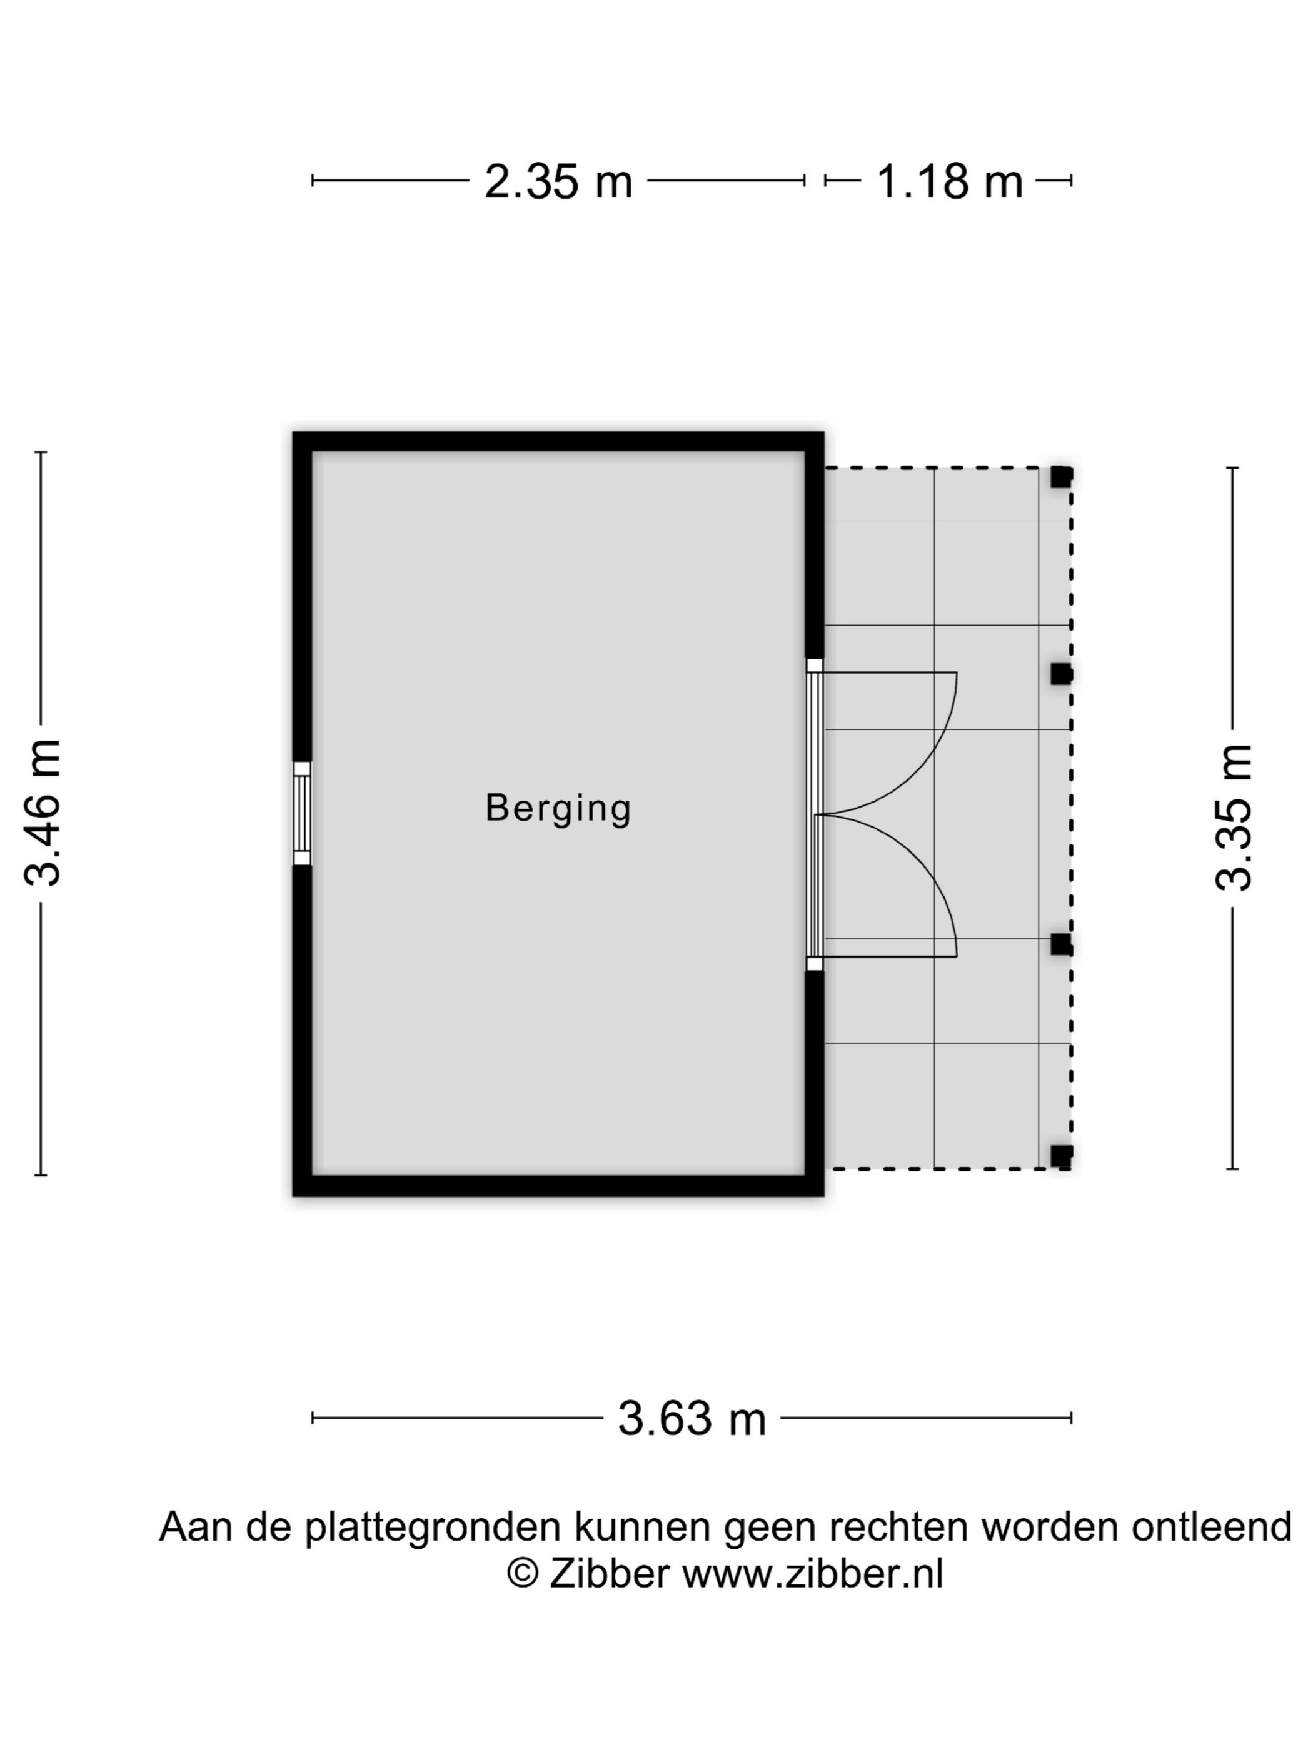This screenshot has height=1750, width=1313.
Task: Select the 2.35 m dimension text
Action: click(x=558, y=181)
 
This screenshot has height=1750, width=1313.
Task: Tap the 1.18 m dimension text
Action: click(x=949, y=181)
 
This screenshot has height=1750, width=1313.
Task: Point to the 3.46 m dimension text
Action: click(x=42, y=812)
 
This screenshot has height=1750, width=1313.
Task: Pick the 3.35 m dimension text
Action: click(x=1233, y=818)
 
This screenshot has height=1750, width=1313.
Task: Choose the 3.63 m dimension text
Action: click(x=692, y=1419)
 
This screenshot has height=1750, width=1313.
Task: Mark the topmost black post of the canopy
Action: click(x=1061, y=477)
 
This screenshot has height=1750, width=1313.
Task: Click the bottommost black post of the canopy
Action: click(x=1061, y=1156)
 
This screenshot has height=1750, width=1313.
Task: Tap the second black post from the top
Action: click(x=1061, y=674)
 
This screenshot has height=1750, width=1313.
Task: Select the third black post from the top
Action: click(x=1061, y=944)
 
